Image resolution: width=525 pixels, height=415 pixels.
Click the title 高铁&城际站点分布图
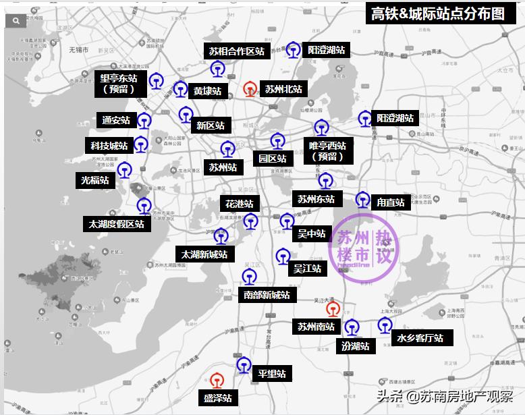438,14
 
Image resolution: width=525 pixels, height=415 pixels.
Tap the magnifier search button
15,21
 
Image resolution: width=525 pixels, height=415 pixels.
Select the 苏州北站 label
283,89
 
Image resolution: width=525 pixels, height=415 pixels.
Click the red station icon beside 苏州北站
250,88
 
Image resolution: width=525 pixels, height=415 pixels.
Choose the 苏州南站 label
316,327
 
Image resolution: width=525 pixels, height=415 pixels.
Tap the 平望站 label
271,373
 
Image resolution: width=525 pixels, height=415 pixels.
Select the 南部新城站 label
267,295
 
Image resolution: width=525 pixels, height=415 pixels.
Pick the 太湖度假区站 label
116,224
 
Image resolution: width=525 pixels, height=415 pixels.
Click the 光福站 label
94,180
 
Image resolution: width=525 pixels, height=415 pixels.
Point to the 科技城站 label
109,146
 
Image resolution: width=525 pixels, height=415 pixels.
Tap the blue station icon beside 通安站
144,121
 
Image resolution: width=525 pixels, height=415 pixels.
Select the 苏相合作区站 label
236,51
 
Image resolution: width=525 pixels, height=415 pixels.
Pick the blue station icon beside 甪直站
362,200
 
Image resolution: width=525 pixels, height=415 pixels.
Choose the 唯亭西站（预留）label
327,150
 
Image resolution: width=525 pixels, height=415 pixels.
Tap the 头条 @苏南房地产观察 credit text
444,397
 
